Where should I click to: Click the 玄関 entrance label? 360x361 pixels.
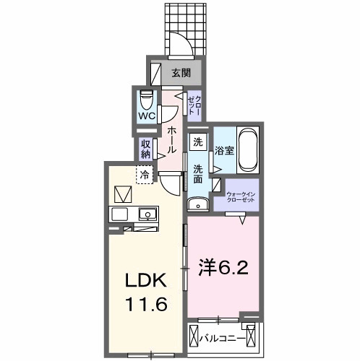[x=181, y=72]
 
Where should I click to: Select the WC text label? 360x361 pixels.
[x=147, y=116]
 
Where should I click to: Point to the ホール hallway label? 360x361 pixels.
[x=172, y=139]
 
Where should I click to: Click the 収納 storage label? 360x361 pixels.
[x=146, y=149]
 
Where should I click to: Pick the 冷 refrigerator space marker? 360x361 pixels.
[x=145, y=174]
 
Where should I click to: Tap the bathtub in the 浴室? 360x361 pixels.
[x=248, y=149]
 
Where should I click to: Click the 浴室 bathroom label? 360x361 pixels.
[x=223, y=150]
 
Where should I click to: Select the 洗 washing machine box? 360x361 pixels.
[x=197, y=142]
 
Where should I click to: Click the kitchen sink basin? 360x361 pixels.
[x=148, y=214]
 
